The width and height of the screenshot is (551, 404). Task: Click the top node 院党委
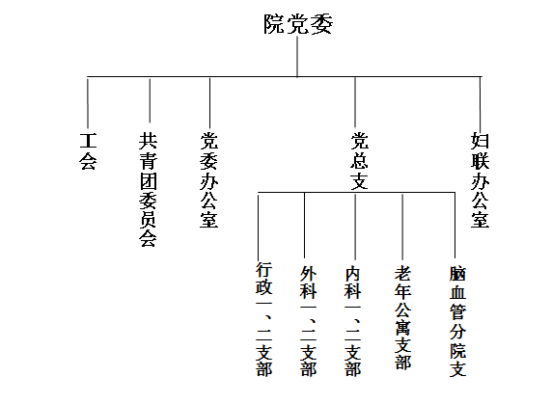pyautogui.click(x=298, y=24)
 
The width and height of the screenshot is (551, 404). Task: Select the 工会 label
pyautogui.click(x=88, y=151)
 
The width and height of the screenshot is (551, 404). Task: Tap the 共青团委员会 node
pyautogui.click(x=148, y=190)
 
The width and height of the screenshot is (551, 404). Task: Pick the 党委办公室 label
pyautogui.click(x=209, y=180)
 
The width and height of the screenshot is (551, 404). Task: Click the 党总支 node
pyautogui.click(x=359, y=161)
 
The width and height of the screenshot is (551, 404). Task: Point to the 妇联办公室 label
pyautogui.click(x=480, y=180)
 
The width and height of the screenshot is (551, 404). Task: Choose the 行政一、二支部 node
pyautogui.click(x=263, y=319)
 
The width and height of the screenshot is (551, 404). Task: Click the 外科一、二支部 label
pyautogui.click(x=309, y=321)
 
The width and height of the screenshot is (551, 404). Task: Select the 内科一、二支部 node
pyautogui.click(x=353, y=321)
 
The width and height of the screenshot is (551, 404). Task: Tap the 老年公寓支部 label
pyautogui.click(x=402, y=317)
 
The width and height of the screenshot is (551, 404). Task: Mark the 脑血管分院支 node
pyautogui.click(x=457, y=321)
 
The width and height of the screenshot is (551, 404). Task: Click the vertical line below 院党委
pyautogui.click(x=297, y=57)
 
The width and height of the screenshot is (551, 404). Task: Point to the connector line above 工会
pyautogui.click(x=88, y=102)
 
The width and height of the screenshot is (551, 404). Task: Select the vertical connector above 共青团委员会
pyautogui.click(x=150, y=99)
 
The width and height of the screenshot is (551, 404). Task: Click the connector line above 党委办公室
pyautogui.click(x=209, y=102)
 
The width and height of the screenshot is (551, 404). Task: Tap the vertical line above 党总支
pyautogui.click(x=355, y=102)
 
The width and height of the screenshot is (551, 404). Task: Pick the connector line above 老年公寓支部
pyautogui.click(x=402, y=226)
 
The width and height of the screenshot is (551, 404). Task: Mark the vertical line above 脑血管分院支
pyautogui.click(x=455, y=226)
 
